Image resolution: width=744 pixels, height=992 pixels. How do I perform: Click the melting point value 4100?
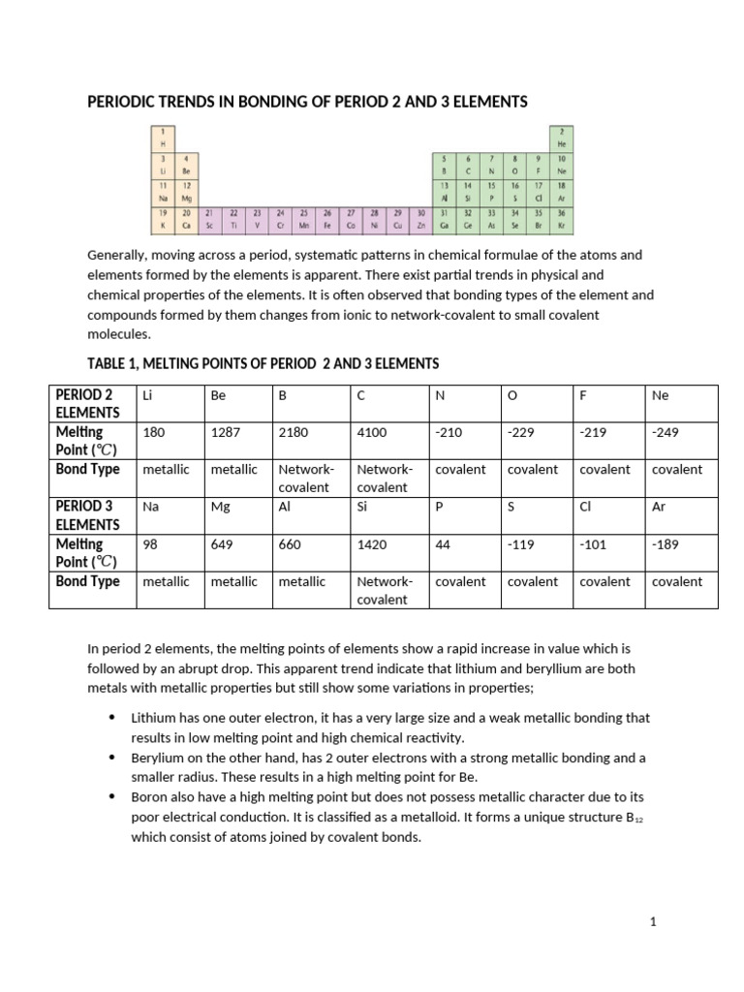point(372,432)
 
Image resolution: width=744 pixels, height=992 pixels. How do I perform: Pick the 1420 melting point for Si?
point(372,544)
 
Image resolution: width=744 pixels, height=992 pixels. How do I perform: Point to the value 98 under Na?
point(150,544)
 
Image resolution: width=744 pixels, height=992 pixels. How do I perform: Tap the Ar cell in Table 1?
point(660,507)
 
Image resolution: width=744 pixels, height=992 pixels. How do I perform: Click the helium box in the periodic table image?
point(561,137)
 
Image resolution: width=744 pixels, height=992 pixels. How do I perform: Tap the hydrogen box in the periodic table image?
point(163,137)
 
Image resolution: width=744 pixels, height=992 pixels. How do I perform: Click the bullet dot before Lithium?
point(111,718)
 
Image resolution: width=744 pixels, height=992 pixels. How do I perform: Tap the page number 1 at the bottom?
point(654,922)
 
